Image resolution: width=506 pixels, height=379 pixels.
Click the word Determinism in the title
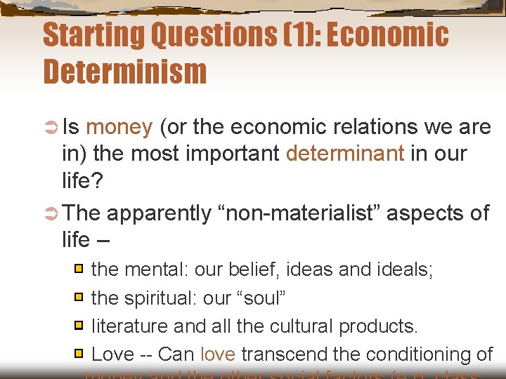pos(125,72)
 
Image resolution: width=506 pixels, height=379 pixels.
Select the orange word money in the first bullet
pos(119,127)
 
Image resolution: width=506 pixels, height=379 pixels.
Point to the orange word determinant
pos(345,154)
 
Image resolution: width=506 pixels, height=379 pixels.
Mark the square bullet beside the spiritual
pos(80,298)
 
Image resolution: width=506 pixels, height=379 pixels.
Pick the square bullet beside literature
pos(80,326)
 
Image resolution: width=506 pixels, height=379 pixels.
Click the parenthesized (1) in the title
pos(283,35)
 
